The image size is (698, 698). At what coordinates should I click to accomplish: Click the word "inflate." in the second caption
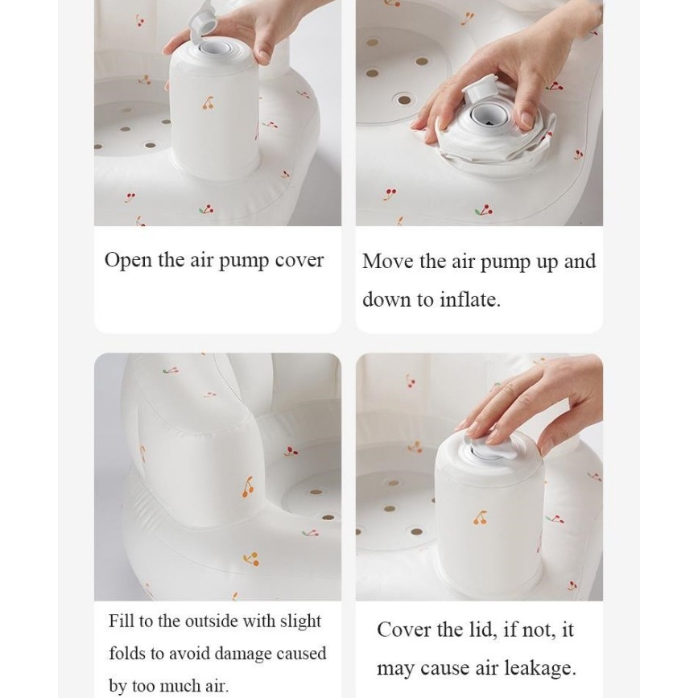click(470, 299)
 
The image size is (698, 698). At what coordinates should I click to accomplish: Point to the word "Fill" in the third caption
click(122, 621)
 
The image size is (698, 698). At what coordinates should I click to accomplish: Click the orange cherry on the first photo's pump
click(208, 103)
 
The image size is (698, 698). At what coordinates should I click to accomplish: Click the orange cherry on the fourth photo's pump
click(480, 518)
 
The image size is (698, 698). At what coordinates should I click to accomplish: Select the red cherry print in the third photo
click(291, 452)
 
